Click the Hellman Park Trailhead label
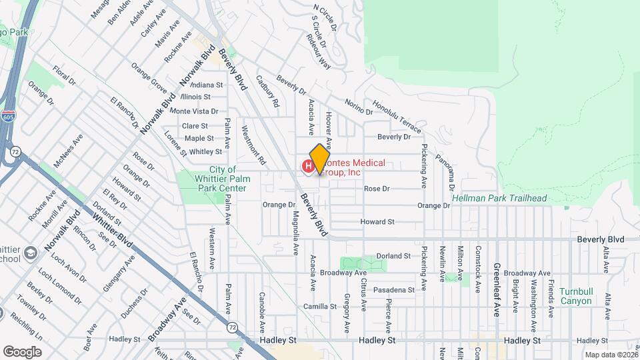pos(499,199)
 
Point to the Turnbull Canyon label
pos(575,296)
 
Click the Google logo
pos(22,351)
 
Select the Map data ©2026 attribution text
pos(611,355)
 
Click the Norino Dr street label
pos(359,106)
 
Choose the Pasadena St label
pos(393,290)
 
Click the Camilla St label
pos(319,307)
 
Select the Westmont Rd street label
pos(254,145)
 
